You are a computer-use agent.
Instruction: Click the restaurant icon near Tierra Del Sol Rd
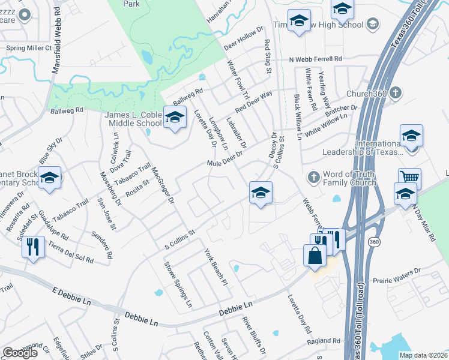(x=34, y=246)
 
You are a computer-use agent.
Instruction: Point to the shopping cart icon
(x=409, y=178)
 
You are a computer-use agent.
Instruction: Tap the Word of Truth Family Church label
(x=349, y=178)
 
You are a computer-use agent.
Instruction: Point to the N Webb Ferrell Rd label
(x=315, y=59)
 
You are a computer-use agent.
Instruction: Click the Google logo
(x=20, y=352)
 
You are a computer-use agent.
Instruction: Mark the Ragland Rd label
(x=323, y=340)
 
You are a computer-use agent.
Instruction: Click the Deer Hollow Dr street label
(x=244, y=38)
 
